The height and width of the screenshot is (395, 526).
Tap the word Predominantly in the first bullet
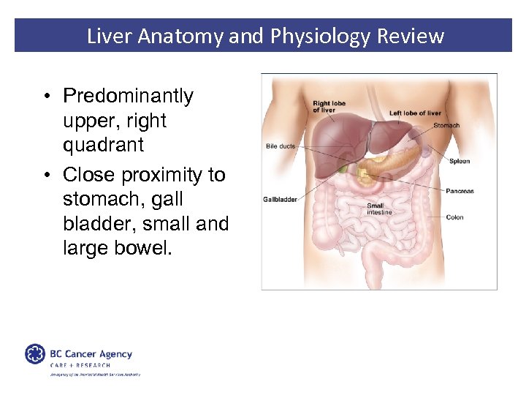[128, 96]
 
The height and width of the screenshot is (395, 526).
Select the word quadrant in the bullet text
[103, 145]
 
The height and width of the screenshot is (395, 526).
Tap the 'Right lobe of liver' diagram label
[329, 108]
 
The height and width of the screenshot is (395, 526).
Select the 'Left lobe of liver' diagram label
[415, 113]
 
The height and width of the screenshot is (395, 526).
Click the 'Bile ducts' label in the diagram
[281, 146]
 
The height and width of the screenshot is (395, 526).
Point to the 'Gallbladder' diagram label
[280, 200]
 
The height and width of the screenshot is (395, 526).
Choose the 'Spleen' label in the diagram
[459, 161]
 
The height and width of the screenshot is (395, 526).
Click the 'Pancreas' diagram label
[460, 191]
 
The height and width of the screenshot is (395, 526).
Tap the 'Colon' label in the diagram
[454, 217]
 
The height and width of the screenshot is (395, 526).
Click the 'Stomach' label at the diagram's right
[446, 125]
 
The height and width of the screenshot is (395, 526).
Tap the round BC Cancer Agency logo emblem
[35, 354]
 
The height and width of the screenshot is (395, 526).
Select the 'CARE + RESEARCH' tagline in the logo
[80, 365]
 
